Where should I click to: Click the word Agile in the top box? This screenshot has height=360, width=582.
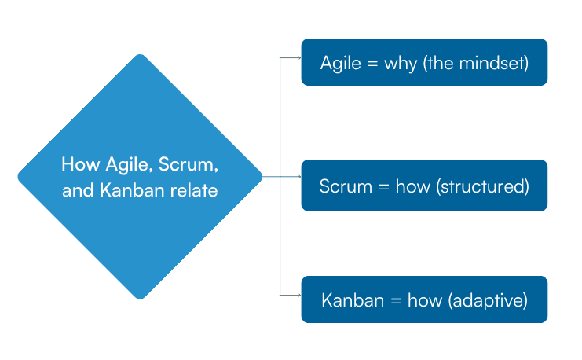339,63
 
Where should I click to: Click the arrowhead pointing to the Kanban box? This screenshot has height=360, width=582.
298,295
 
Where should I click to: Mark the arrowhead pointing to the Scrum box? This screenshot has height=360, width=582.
298,177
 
